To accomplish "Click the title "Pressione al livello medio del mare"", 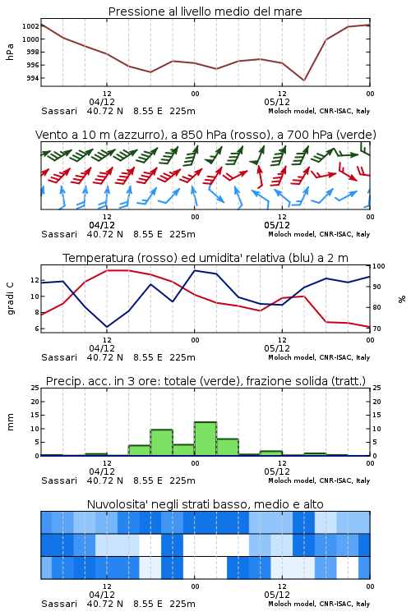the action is (x=205, y=11).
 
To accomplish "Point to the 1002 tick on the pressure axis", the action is (x=30, y=26).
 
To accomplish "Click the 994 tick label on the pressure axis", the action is (x=33, y=78).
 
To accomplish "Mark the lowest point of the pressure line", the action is (x=303, y=80).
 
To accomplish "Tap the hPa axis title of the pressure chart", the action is (x=10, y=52).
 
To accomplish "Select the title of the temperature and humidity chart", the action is (x=205, y=258).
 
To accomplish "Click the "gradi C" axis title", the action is (x=10, y=298).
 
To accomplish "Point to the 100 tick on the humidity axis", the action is (x=378, y=266).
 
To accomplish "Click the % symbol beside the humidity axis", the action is (x=402, y=299).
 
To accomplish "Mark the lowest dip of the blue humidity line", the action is (x=107, y=327).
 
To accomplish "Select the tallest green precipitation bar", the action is (x=205, y=439).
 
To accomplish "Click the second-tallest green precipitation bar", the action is (x=162, y=443).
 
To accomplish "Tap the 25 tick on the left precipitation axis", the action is (x=35, y=388).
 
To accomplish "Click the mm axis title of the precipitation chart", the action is (x=10, y=421).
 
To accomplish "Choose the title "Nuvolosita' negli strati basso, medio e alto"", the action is (x=205, y=504).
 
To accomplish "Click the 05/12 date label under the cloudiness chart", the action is (x=277, y=595).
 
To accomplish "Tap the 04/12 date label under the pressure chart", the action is (x=102, y=102).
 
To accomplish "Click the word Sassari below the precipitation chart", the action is (x=59, y=480).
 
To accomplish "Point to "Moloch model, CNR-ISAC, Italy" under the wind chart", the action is (x=319, y=234).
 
